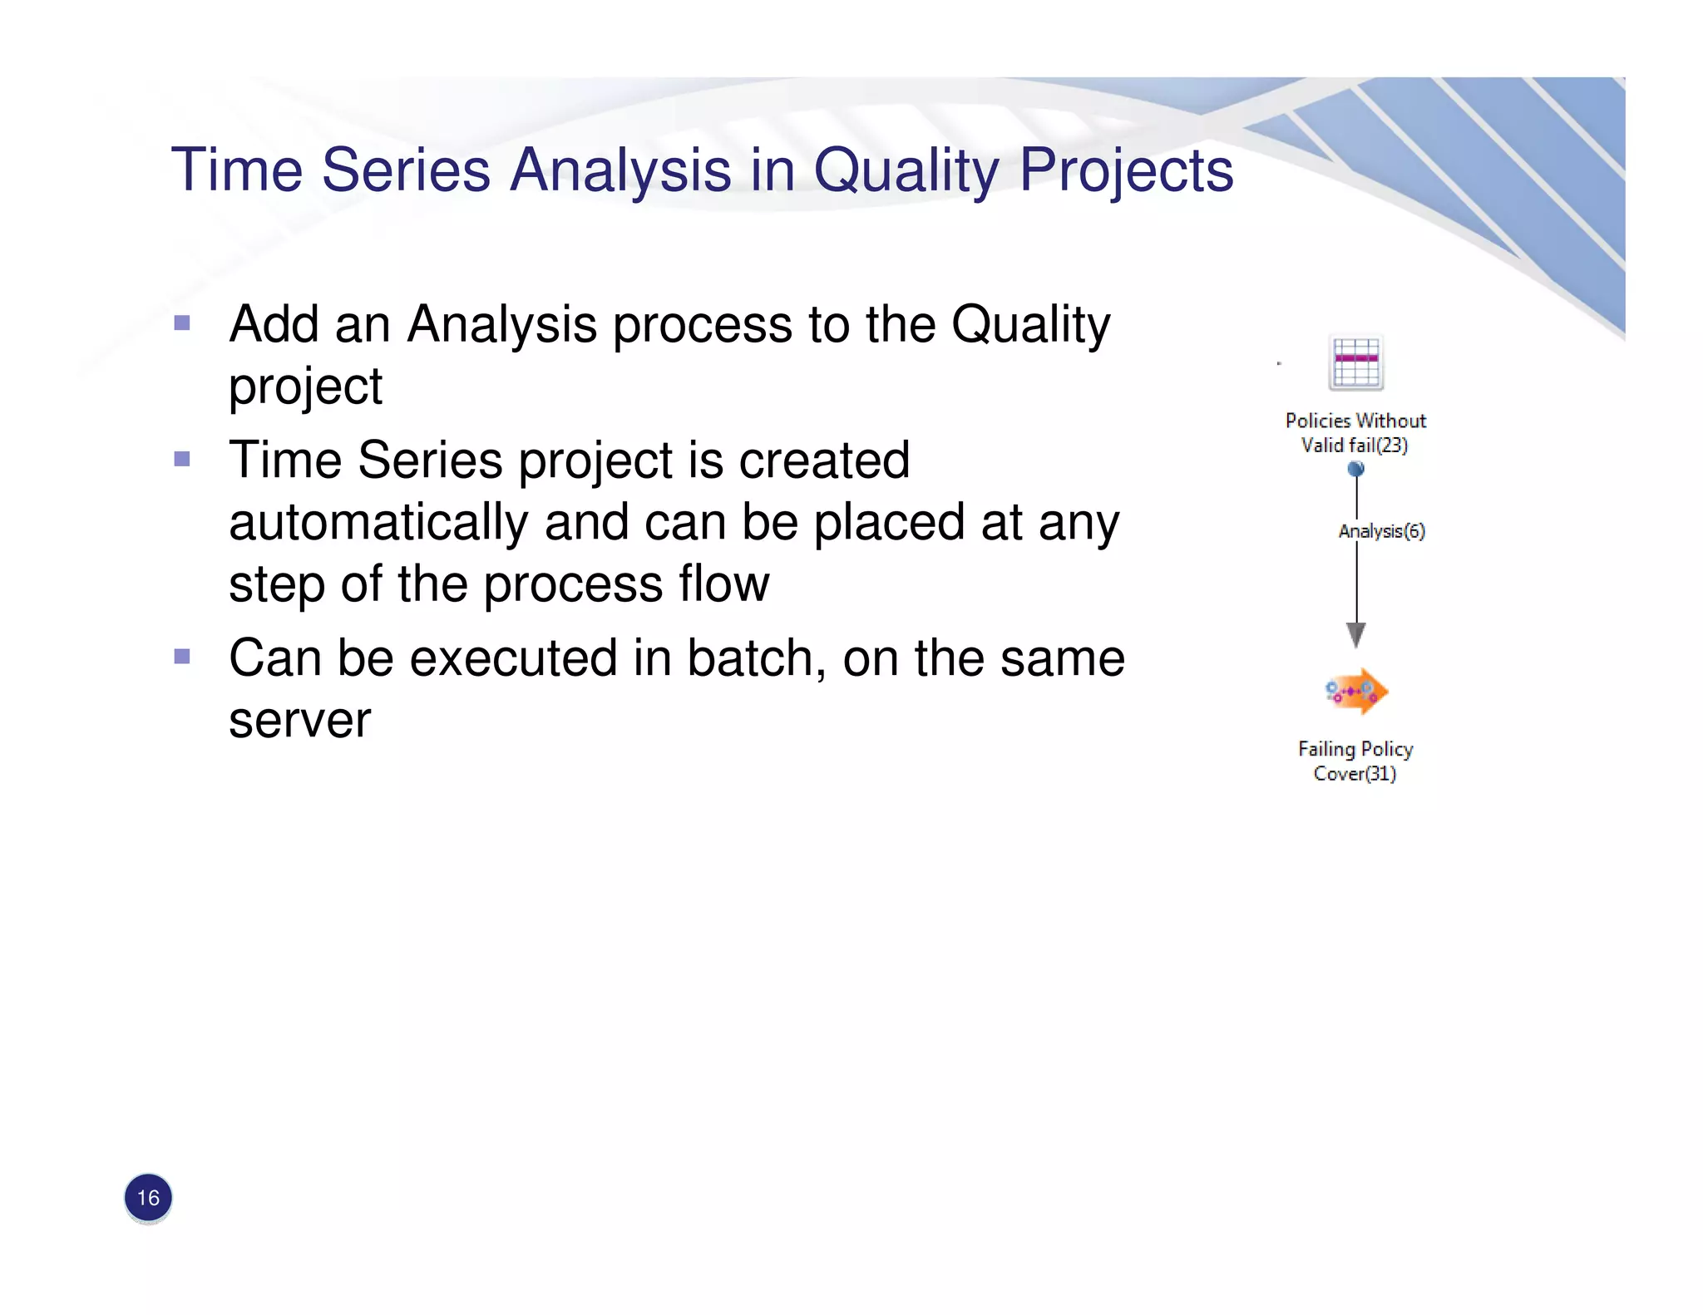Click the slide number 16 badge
click(x=148, y=1198)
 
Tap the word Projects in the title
click(x=1126, y=170)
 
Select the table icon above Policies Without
click(x=1355, y=363)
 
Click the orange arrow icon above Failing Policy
click(x=1356, y=692)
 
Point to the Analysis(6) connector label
click(x=1381, y=531)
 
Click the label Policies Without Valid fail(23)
click(x=1355, y=433)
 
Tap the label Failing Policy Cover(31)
click(x=1355, y=761)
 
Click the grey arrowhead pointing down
click(x=1356, y=635)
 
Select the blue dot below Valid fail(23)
click(x=1356, y=469)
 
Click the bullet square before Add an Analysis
click(x=182, y=323)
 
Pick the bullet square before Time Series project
click(x=182, y=459)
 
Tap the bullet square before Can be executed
click(x=182, y=657)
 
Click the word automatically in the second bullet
click(x=378, y=523)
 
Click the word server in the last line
click(x=299, y=721)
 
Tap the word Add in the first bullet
click(x=274, y=324)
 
